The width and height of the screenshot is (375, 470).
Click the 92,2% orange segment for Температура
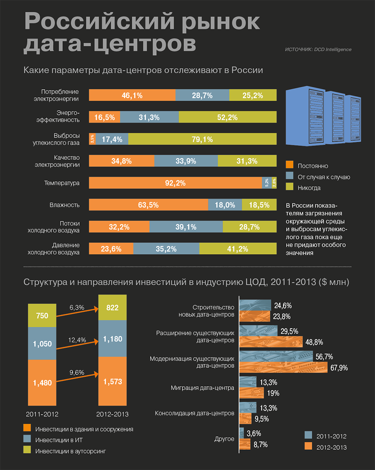[175, 183]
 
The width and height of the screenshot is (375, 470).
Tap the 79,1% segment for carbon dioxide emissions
[202, 139]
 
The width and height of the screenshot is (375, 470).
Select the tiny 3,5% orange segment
[92, 139]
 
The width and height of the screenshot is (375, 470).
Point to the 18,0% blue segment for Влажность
[225, 205]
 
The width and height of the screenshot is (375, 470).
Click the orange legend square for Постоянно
[289, 165]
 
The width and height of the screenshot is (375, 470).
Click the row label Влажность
[64, 205]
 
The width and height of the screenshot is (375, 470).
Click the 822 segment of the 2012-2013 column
[112, 308]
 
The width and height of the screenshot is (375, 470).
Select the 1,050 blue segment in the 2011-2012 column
[42, 343]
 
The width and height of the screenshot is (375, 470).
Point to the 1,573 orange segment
[112, 381]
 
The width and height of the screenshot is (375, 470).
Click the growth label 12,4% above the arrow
[78, 340]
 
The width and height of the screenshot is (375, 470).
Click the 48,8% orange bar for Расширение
[271, 341]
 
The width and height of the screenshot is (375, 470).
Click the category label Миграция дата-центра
[202, 388]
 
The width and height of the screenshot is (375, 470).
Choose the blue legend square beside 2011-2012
[308, 435]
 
